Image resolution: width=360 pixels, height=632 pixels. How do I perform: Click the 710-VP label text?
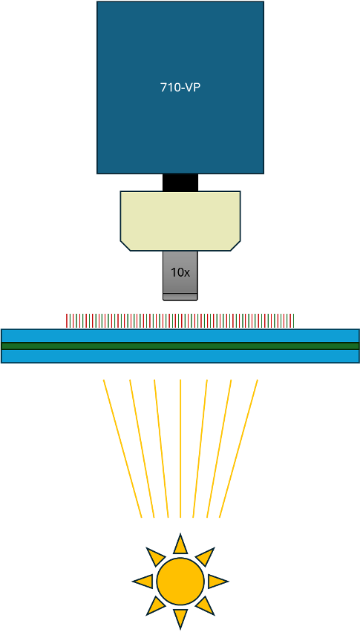coord(180,88)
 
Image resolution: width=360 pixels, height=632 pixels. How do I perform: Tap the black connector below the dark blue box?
coord(180,182)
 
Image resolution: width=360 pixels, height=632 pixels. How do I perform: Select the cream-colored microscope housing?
coord(180,221)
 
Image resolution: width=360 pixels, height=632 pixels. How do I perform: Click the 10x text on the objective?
coord(180,272)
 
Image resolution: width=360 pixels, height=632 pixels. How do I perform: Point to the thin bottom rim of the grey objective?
coord(180,297)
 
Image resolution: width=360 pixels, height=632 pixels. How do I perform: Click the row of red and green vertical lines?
coord(180,320)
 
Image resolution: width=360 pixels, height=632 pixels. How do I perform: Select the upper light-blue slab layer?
coord(180,336)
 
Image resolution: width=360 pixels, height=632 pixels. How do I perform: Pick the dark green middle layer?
coord(180,346)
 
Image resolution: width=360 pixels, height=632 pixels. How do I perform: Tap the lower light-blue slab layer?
coord(180,356)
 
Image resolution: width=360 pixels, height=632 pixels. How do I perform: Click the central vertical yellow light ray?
coord(180,448)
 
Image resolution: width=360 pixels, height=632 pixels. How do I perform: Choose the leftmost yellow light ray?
coord(122,448)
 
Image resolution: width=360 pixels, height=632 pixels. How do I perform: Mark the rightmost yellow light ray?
coord(238,448)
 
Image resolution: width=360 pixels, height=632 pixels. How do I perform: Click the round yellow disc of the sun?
coord(180,582)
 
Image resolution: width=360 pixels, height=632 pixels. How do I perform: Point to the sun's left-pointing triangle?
coord(144,582)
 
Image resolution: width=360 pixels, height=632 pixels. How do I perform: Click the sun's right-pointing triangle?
coord(217,582)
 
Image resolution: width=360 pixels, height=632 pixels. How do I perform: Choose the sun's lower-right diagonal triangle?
coord(205,606)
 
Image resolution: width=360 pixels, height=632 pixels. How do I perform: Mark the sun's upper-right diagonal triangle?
coord(205,556)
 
